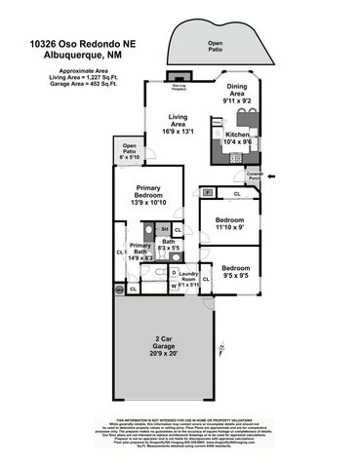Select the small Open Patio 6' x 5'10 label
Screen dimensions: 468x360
pyautogui.click(x=129, y=153)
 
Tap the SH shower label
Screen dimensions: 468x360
pyautogui.click(x=165, y=228)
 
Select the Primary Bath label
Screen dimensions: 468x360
pyautogui.click(x=140, y=251)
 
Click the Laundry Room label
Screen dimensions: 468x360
pyautogui.click(x=187, y=275)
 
